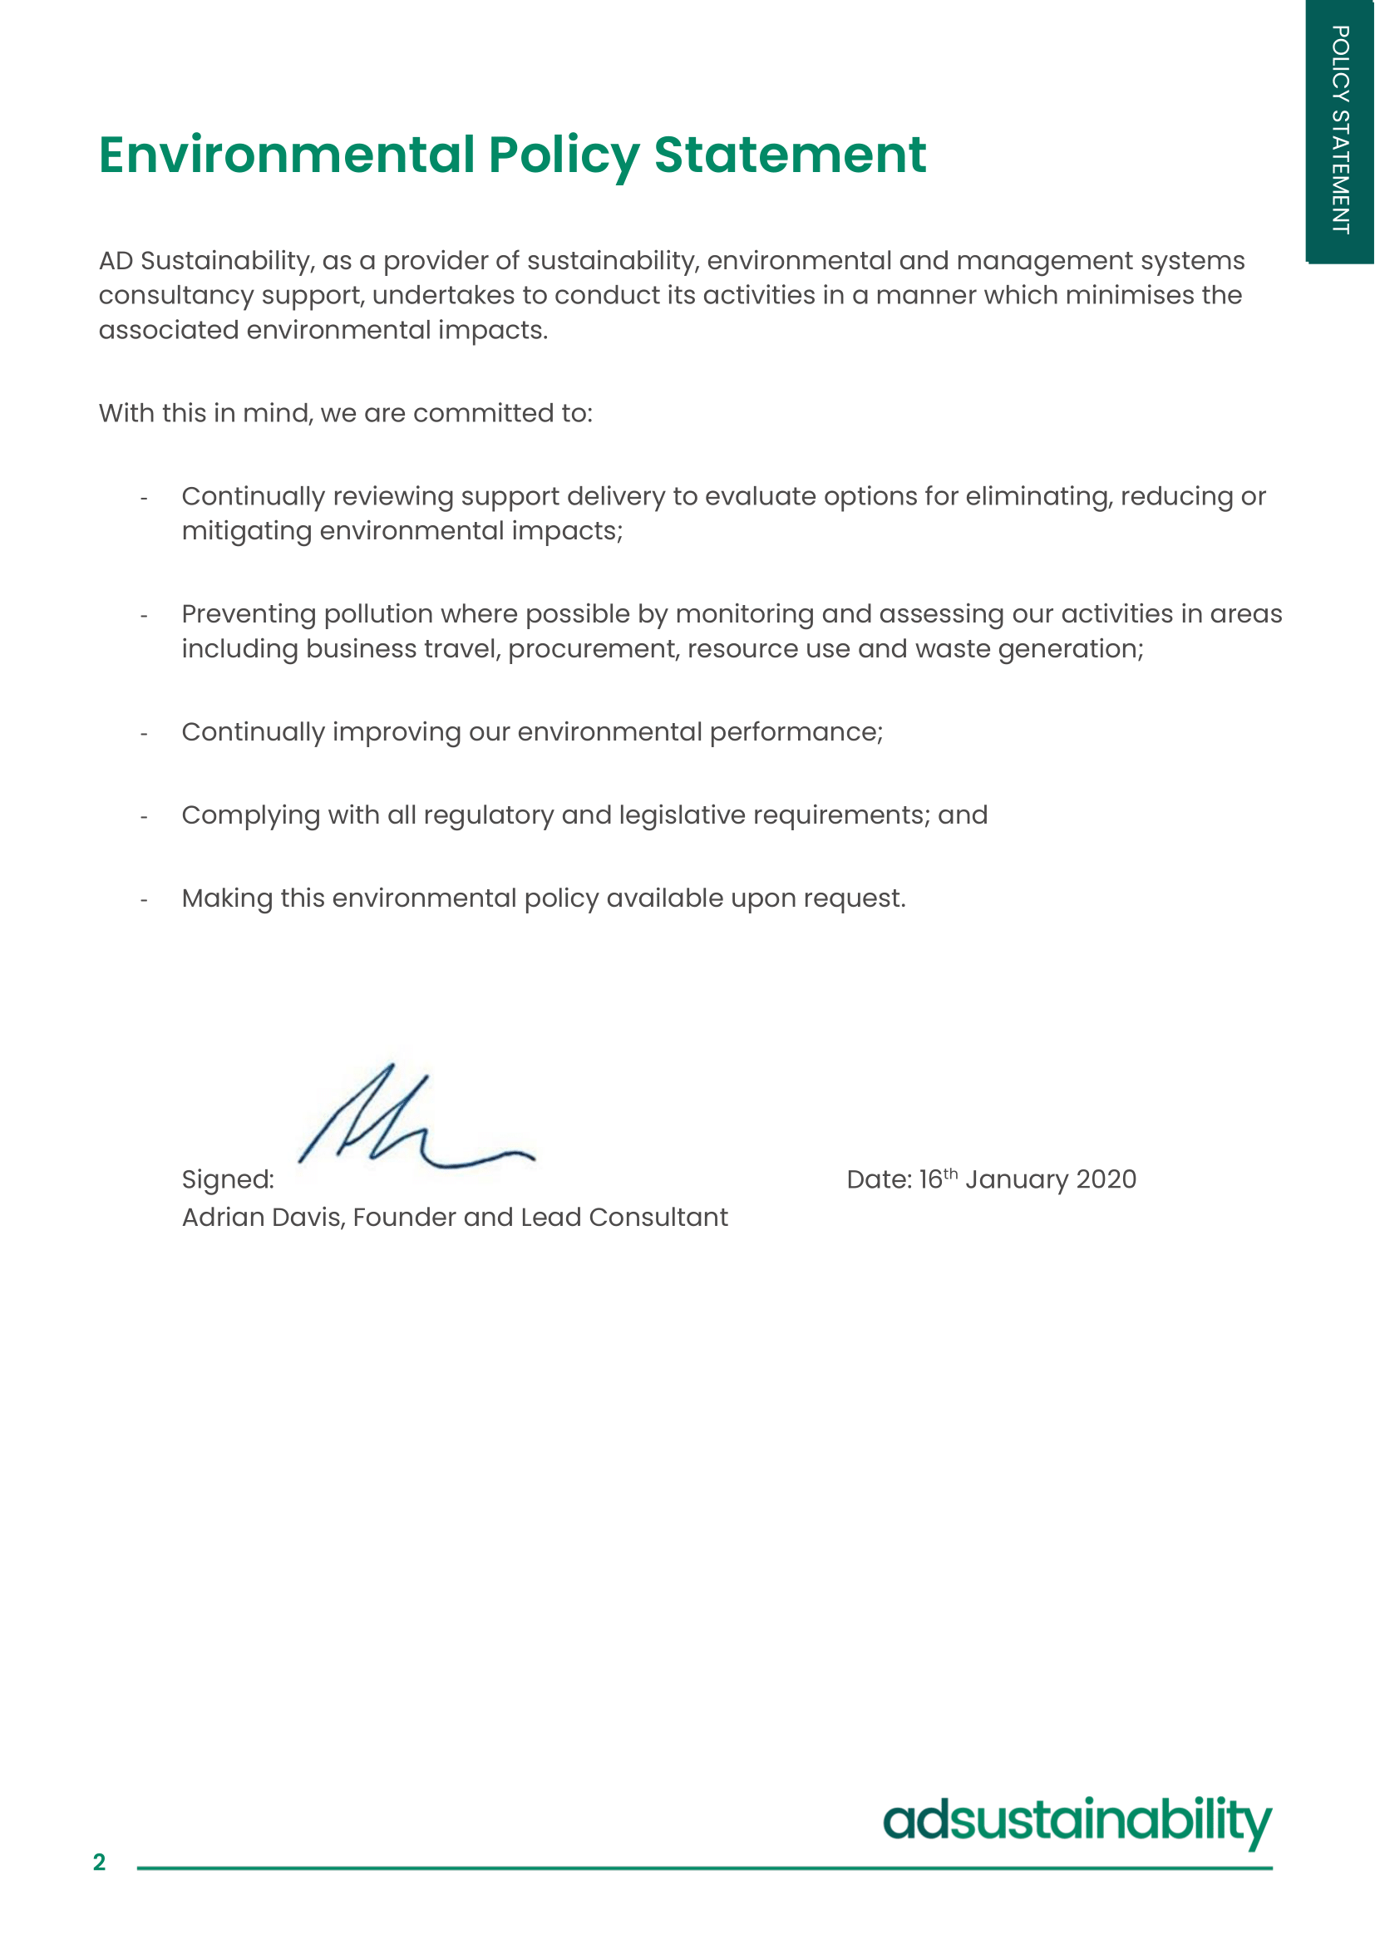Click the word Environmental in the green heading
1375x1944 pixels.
(x=286, y=155)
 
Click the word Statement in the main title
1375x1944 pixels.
(x=790, y=155)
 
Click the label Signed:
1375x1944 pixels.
(x=228, y=1179)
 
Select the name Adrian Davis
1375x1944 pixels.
(x=263, y=1218)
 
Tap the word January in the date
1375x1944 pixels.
(x=1017, y=1179)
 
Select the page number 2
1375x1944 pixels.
(x=99, y=1863)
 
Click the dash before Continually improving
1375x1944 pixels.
(x=144, y=733)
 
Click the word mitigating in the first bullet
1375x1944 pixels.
(x=246, y=532)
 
